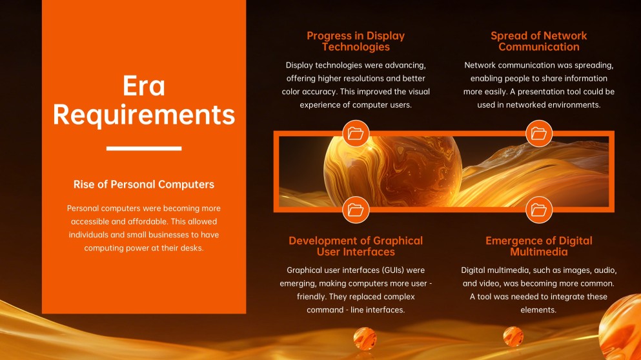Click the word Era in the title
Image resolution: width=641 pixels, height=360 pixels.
coord(144,86)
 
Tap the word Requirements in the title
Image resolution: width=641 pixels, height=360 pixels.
coord(144,115)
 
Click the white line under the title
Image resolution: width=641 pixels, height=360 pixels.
coord(144,148)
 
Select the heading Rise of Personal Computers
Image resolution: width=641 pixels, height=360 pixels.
coord(144,185)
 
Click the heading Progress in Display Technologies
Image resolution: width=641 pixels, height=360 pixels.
coord(356,41)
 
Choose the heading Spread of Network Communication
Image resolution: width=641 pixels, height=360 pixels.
coord(538,41)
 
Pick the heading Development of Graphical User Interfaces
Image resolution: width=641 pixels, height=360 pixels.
coord(356,246)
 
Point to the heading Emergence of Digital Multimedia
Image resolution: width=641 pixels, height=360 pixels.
coord(538,246)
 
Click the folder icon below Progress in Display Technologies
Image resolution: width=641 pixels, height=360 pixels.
coord(356,134)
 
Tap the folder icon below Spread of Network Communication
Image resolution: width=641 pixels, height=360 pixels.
coord(538,134)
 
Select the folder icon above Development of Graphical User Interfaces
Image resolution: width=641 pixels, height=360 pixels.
coord(356,209)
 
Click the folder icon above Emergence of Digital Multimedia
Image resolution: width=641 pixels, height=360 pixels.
coord(538,209)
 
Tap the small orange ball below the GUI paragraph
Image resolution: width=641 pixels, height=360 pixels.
coord(365,337)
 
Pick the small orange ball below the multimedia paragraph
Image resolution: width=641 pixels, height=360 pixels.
coord(513,336)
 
